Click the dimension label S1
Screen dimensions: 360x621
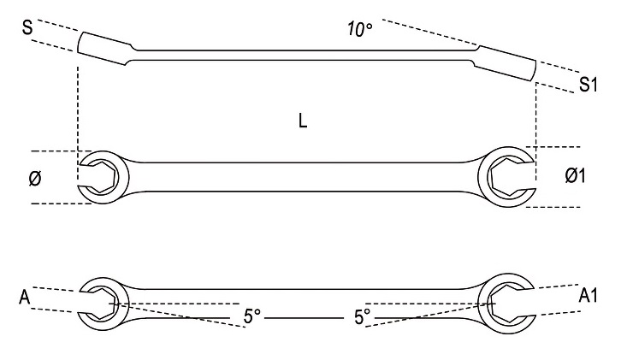[587, 85]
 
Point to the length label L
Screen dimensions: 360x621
[304, 122]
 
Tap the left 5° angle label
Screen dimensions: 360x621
[250, 316]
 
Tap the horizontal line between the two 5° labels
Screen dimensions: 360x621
[305, 317]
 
